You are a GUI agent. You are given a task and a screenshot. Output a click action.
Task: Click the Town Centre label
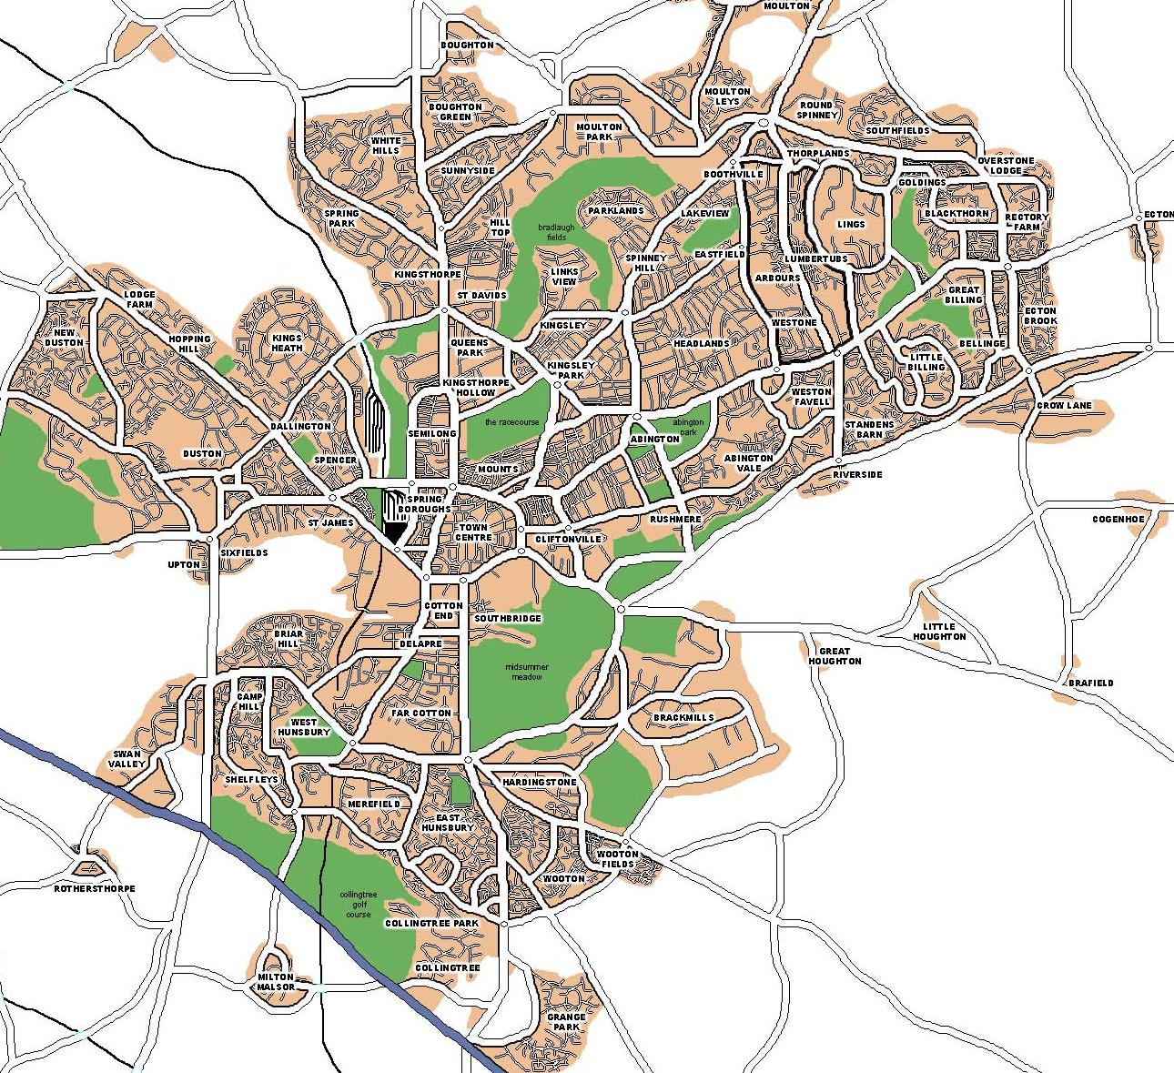pyautogui.click(x=473, y=532)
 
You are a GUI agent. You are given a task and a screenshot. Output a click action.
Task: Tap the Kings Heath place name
pyautogui.click(x=287, y=342)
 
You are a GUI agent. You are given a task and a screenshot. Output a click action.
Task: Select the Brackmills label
pyautogui.click(x=683, y=717)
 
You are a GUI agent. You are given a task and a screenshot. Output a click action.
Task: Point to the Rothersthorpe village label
pyautogui.click(x=95, y=888)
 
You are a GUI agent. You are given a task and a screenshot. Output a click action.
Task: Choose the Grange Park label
pyautogui.click(x=566, y=1021)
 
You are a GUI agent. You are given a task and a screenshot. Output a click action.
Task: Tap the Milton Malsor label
pyautogui.click(x=276, y=981)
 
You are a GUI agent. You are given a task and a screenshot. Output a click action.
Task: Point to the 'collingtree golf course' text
pyautogui.click(x=358, y=905)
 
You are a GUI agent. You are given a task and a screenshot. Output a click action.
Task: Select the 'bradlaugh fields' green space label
pyautogui.click(x=556, y=231)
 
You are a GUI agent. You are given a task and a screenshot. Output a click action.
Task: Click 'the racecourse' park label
pyautogui.click(x=512, y=422)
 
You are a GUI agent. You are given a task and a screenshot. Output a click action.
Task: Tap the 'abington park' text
pyautogui.click(x=688, y=428)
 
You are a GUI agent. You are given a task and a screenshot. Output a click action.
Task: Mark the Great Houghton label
pyautogui.click(x=835, y=655)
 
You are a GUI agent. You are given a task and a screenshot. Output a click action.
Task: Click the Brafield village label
pyautogui.click(x=1090, y=683)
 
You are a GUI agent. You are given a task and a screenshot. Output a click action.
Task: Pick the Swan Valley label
pyautogui.click(x=127, y=758)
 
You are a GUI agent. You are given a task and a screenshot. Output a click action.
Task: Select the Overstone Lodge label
pyautogui.click(x=1006, y=166)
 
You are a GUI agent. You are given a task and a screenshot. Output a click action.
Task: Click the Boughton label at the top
pyautogui.click(x=467, y=45)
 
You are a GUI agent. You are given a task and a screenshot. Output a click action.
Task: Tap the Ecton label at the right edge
pyautogui.click(x=1159, y=215)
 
